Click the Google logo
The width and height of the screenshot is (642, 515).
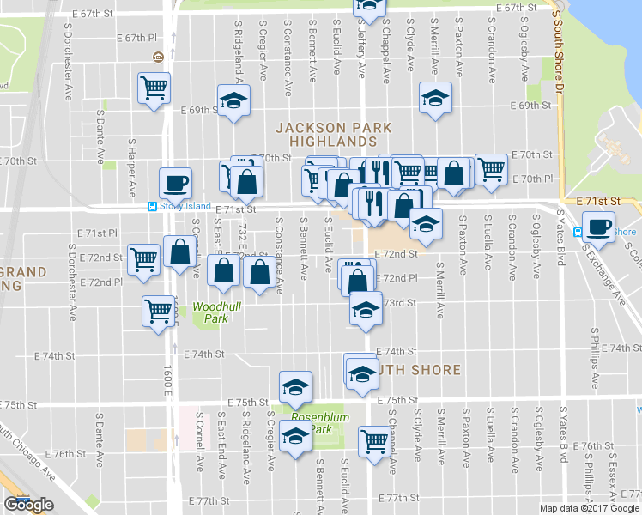(28, 505)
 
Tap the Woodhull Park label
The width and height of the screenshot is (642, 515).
(210, 312)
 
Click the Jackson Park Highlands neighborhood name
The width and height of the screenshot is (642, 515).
(334, 134)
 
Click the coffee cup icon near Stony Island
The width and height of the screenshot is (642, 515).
(175, 183)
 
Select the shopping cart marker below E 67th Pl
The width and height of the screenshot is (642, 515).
(154, 88)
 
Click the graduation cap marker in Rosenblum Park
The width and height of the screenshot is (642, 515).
(295, 439)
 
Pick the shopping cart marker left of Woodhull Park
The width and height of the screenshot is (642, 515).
(158, 311)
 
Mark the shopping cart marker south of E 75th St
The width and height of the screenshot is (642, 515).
(375, 442)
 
